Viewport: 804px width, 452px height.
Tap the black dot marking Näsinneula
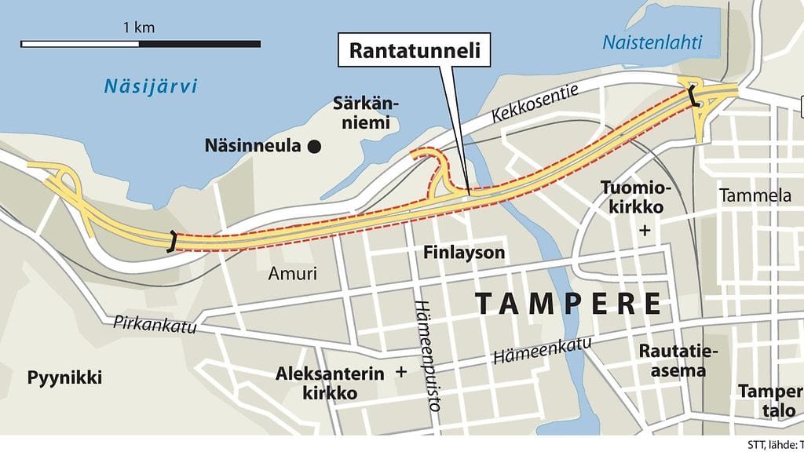315,145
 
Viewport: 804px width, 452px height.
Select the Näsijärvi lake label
151,86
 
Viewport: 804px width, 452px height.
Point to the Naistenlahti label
652,42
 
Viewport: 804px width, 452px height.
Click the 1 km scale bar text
139,27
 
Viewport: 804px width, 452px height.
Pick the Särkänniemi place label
361,113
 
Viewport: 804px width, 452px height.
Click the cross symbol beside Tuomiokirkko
645,231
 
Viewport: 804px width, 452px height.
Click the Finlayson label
463,253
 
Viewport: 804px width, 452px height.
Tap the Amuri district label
292,274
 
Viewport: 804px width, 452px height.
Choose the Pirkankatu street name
154,323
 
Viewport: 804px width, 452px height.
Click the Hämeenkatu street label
543,348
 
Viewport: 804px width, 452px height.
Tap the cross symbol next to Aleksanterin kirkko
402,373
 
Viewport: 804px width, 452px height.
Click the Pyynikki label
65,377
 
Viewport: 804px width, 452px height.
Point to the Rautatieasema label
672,360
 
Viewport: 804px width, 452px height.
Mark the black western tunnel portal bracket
172,242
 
